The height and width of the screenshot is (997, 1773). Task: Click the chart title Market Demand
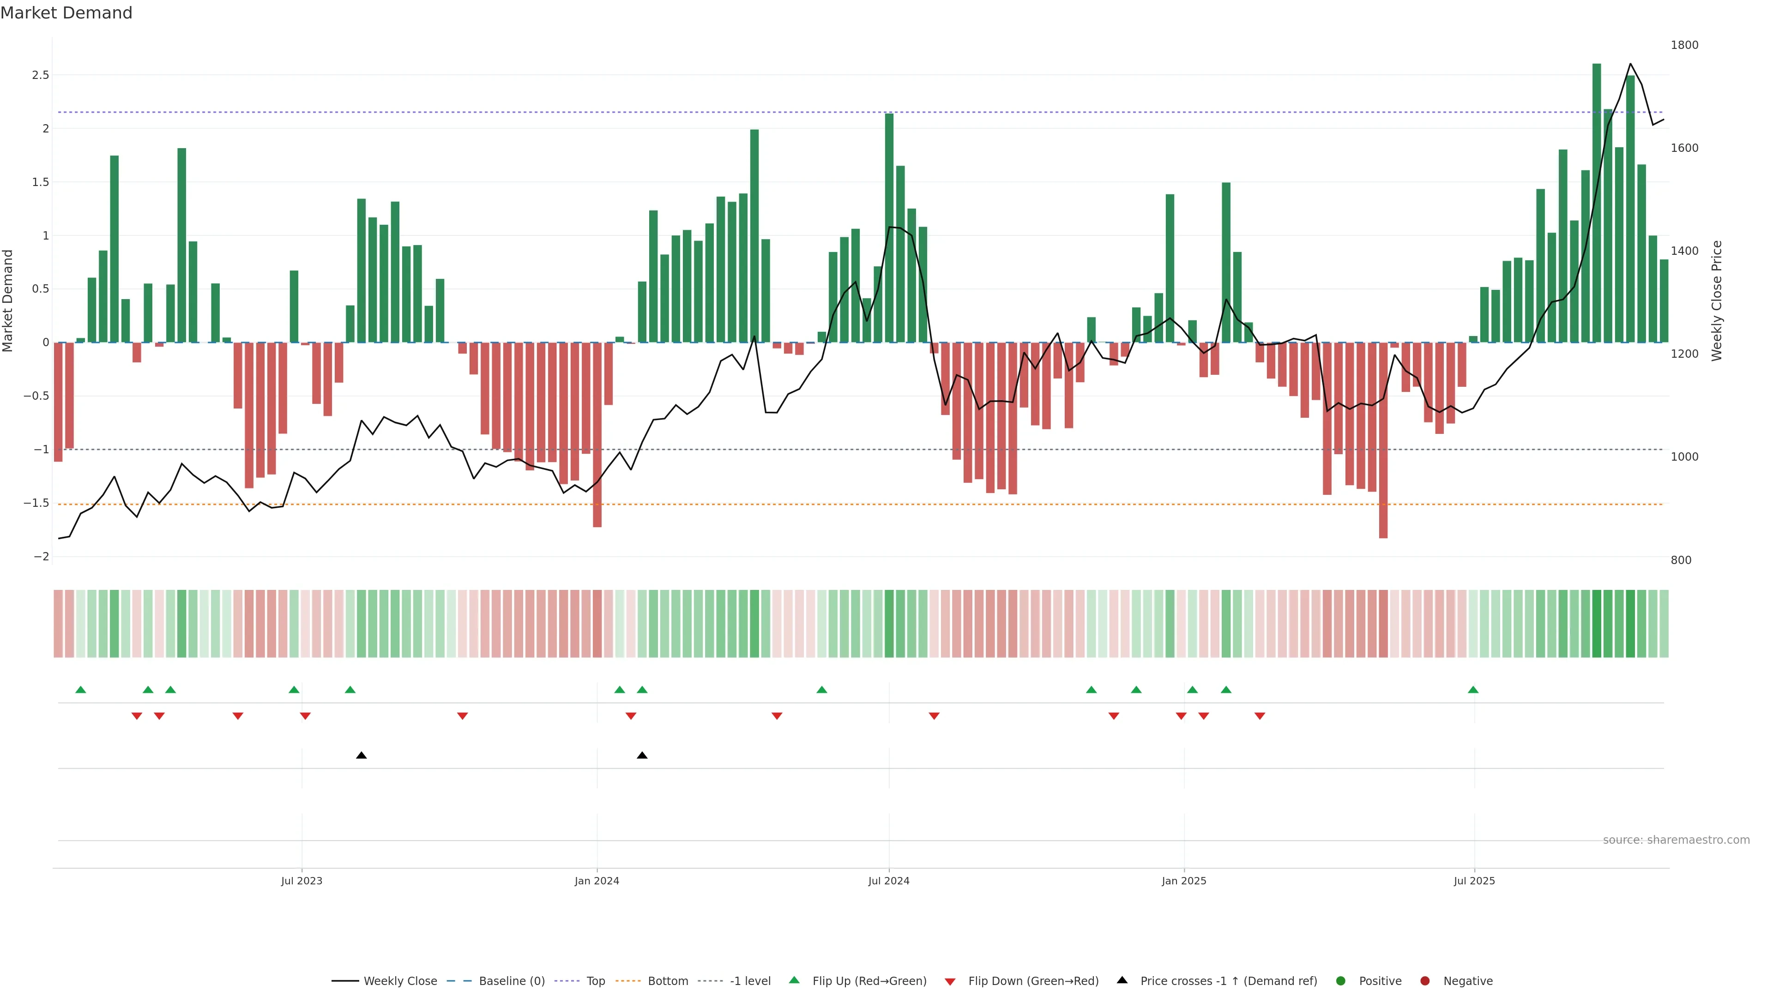pyautogui.click(x=66, y=13)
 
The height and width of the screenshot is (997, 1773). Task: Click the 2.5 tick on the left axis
pyautogui.click(x=41, y=75)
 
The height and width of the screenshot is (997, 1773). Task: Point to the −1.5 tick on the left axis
pyautogui.click(x=36, y=503)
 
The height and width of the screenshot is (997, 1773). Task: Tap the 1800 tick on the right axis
pyautogui.click(x=1684, y=45)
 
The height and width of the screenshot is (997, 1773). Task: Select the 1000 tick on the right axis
pyautogui.click(x=1684, y=457)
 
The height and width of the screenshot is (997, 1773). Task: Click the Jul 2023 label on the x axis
pyautogui.click(x=302, y=881)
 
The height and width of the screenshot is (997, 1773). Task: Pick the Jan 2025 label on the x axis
pyautogui.click(x=1184, y=881)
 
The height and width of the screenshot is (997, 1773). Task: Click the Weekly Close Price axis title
pyautogui.click(x=1717, y=300)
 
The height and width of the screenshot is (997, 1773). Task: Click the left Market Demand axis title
pyautogui.click(x=7, y=300)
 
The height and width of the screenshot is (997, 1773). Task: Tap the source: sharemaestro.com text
pyautogui.click(x=1676, y=840)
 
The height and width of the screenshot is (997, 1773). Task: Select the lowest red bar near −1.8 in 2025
pyautogui.click(x=1383, y=440)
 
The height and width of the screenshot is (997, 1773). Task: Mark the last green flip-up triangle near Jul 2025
pyautogui.click(x=1473, y=690)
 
